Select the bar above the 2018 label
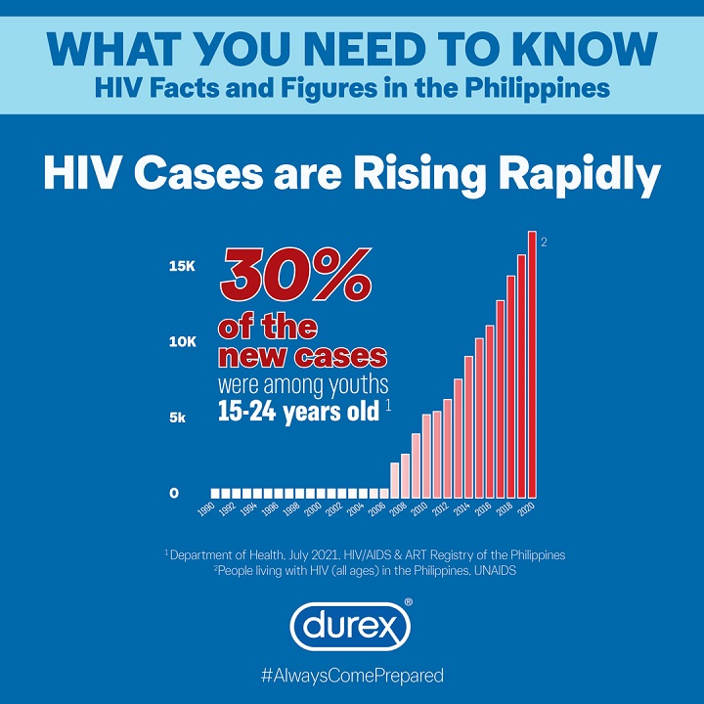[510, 386]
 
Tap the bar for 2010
[426, 456]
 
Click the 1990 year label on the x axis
[206, 511]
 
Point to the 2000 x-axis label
[312, 511]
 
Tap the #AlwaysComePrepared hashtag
[351, 675]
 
